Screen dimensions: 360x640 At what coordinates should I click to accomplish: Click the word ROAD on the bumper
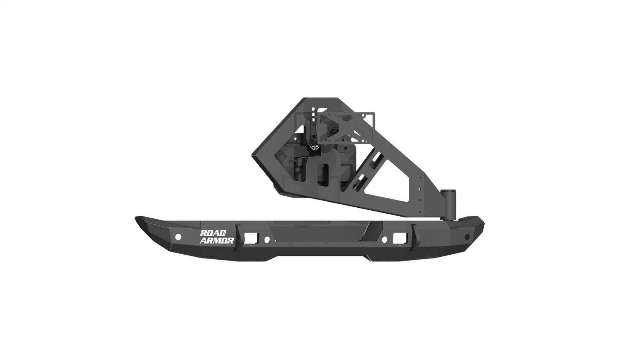tap(211, 233)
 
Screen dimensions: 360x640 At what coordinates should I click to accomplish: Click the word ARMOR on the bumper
tap(217, 241)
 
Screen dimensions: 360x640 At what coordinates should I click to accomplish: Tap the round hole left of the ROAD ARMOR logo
tap(178, 237)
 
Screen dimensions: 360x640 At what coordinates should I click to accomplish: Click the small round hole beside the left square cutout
tap(267, 240)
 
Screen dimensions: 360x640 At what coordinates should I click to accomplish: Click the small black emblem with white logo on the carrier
tap(314, 148)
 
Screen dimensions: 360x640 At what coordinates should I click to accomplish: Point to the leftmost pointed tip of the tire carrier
tap(252, 155)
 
